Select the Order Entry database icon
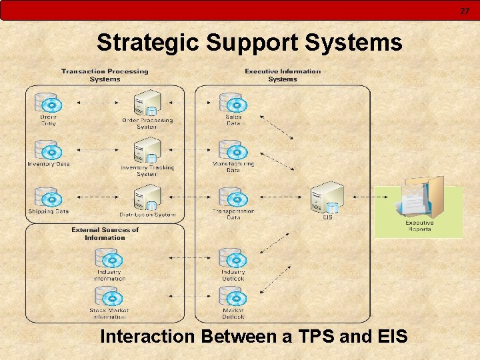point(48,103)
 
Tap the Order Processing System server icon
point(148,103)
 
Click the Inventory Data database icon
point(48,150)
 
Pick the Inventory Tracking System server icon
point(148,151)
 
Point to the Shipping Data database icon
point(48,197)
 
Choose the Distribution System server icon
point(148,197)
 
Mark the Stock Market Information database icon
point(109,296)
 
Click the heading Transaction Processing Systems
point(105,75)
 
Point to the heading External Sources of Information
point(105,233)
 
